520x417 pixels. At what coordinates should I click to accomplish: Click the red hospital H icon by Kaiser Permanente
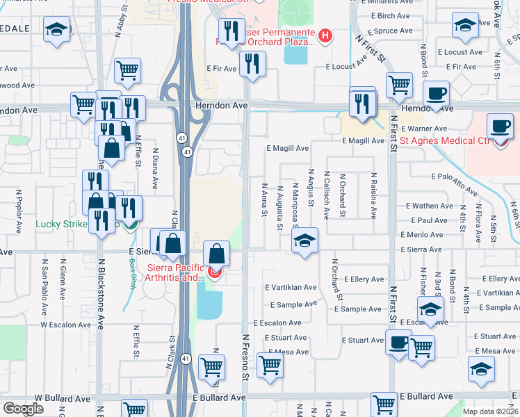324,34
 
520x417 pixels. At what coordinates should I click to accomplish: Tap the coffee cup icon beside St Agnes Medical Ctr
499,126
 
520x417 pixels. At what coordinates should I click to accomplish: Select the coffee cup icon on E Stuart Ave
398,343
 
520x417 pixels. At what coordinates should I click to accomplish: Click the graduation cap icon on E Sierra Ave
304,240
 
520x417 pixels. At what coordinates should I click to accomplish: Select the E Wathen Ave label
431,206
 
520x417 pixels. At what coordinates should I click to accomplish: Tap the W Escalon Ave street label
65,325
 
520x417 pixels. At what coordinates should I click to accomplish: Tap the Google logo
24,409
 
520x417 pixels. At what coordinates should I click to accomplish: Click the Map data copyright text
491,411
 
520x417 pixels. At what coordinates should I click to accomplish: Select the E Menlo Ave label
427,235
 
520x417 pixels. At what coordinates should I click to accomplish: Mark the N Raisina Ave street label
373,196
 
